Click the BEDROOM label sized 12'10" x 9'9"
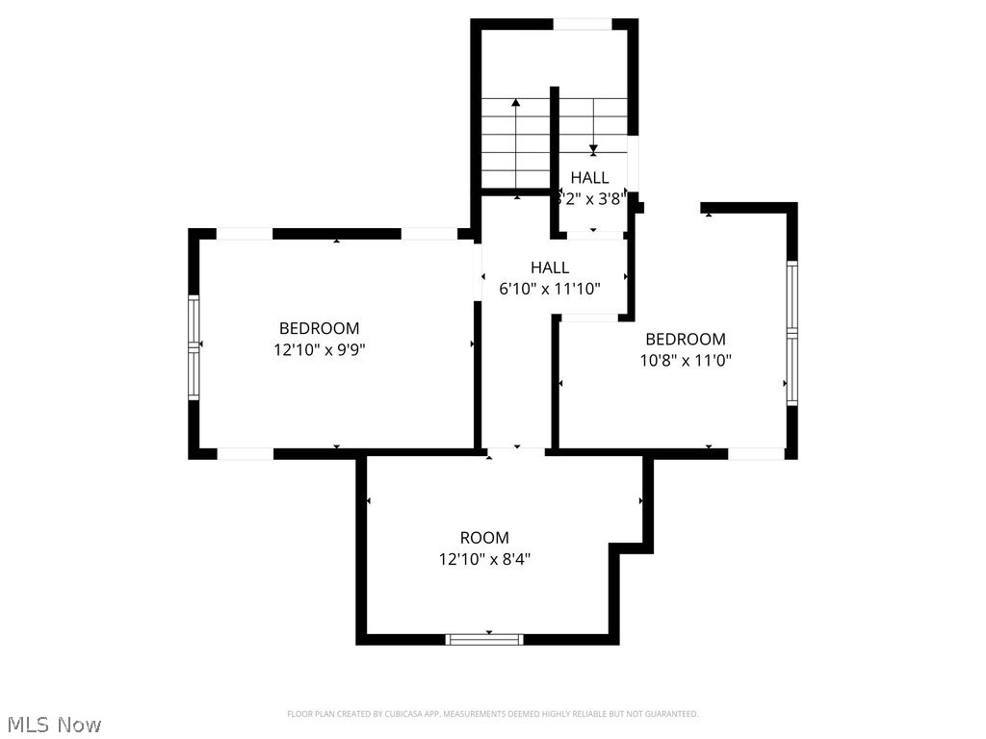(x=319, y=328)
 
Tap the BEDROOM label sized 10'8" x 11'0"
(x=685, y=339)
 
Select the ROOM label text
(x=484, y=538)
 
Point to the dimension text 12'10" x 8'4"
(x=484, y=559)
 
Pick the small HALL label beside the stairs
(x=589, y=178)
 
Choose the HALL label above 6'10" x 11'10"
(x=550, y=268)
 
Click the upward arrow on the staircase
(x=517, y=104)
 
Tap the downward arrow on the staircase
(x=593, y=148)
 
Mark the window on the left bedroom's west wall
(x=194, y=347)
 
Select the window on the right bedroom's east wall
(x=791, y=333)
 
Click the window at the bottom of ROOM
(x=484, y=638)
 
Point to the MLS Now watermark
(x=54, y=724)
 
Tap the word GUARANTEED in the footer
(x=670, y=714)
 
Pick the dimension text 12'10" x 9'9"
(x=319, y=350)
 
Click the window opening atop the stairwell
(x=583, y=24)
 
